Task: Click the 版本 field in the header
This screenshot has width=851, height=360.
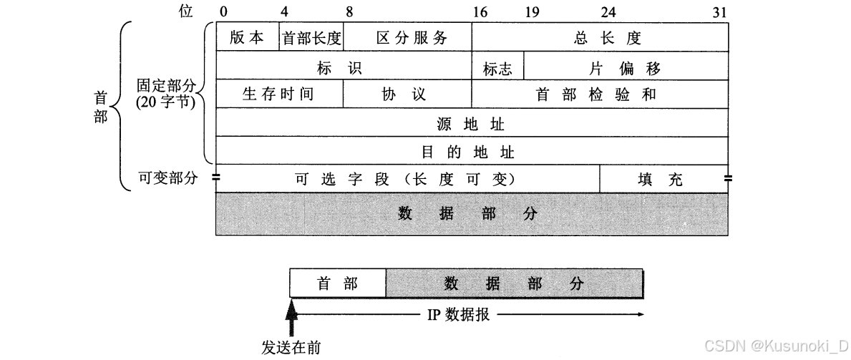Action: [x=247, y=38]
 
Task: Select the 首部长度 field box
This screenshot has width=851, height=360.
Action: [x=311, y=38]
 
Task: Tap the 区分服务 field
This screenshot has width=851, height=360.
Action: [x=411, y=38]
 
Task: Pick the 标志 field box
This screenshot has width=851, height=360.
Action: [x=497, y=68]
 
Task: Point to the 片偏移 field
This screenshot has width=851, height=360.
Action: [x=624, y=68]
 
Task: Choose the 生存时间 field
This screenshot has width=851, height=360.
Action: [x=278, y=94]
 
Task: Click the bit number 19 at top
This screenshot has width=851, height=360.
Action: [x=532, y=11]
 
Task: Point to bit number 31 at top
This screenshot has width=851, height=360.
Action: [x=721, y=11]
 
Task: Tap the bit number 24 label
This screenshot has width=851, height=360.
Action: [x=608, y=11]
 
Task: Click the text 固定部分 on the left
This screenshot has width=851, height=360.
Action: [x=165, y=85]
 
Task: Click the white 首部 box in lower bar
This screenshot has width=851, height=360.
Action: [x=337, y=283]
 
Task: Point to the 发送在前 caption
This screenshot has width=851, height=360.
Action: [x=291, y=348]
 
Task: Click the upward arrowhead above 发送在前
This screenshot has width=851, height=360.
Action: [x=291, y=310]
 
